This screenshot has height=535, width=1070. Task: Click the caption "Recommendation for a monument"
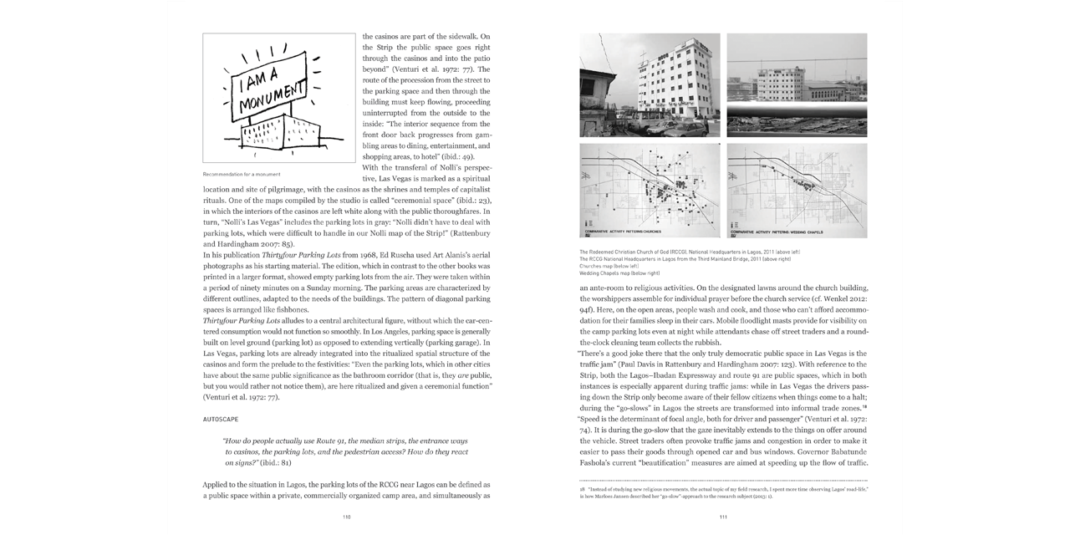point(241,175)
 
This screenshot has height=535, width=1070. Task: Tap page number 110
point(346,517)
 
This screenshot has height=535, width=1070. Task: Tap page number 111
point(723,517)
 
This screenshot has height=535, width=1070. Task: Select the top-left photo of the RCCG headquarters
point(650,84)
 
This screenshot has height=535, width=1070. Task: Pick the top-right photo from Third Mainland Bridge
point(797,84)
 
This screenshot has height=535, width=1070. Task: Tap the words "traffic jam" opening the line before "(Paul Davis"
point(599,364)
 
